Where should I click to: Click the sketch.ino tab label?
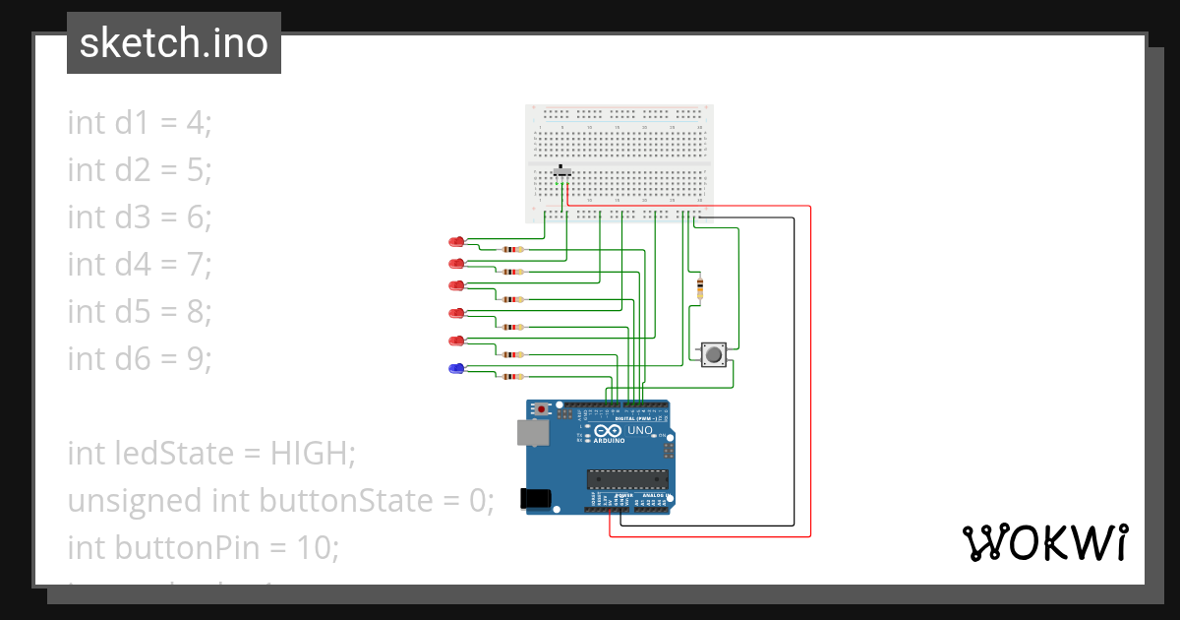(173, 44)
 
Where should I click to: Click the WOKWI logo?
(1043, 542)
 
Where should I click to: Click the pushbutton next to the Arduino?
(713, 354)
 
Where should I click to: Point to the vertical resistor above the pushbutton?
(699, 287)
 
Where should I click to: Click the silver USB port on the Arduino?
(532, 432)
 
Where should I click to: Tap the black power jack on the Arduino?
(537, 499)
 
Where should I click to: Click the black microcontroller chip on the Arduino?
(628, 479)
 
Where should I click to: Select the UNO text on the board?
(640, 431)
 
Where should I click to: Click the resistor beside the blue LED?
(511, 376)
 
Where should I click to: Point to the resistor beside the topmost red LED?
(511, 250)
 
